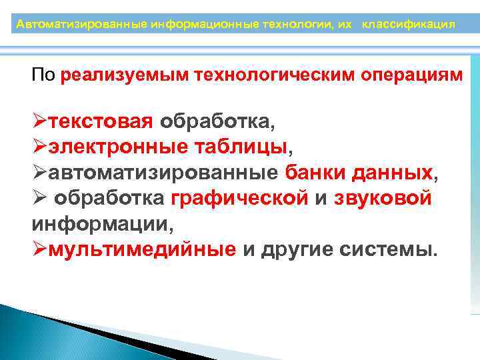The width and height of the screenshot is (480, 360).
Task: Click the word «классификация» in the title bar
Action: tap(409, 25)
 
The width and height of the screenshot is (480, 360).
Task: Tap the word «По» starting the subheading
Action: tap(43, 75)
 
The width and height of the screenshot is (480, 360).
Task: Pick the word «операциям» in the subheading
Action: tap(411, 75)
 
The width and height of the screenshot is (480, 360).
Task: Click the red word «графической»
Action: tap(240, 199)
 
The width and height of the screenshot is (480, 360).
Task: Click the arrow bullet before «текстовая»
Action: tap(39, 123)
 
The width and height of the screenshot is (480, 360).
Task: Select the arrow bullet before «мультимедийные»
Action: tap(39, 250)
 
